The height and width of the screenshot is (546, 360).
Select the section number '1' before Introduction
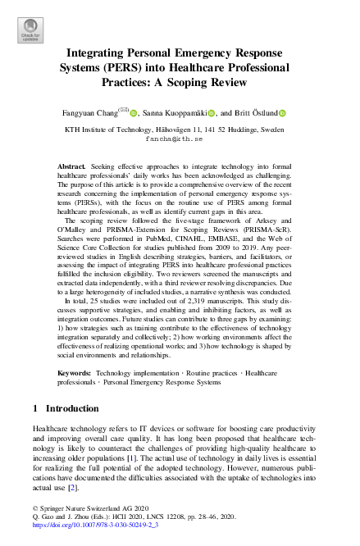[x=35, y=408]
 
